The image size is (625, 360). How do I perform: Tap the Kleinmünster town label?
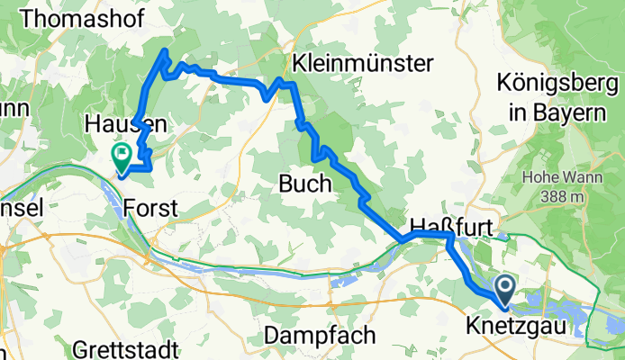pos(363,63)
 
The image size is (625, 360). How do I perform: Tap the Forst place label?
pos(150,208)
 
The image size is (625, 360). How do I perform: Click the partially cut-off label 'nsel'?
pos(18,207)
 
